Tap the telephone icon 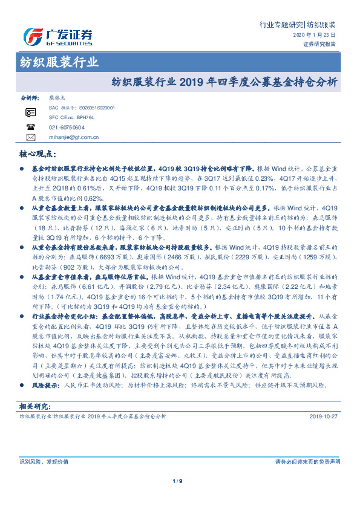coord(31,127)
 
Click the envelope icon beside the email coord(31,137)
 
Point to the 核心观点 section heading coord(40,155)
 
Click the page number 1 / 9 coord(177,481)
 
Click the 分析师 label coord(30,97)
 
